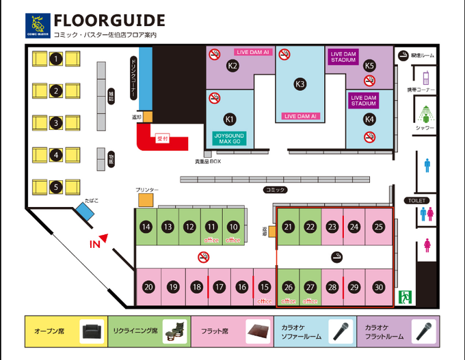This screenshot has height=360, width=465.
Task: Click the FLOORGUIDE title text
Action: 109,20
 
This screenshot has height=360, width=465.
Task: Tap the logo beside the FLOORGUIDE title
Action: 36,24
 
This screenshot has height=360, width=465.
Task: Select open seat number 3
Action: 55,124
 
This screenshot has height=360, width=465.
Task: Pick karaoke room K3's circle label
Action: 300,84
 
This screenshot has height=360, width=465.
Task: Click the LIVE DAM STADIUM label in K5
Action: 343,57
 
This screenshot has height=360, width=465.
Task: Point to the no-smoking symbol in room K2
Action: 214,53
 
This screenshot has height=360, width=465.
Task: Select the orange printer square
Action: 146,199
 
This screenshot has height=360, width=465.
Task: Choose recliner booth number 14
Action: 146,227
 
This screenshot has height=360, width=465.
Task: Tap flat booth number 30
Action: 379,287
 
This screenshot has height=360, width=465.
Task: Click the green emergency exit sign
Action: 405,296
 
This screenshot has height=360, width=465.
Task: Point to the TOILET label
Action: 417,201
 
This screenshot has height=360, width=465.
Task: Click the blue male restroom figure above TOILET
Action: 427,164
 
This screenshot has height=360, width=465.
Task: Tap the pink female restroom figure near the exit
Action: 427,244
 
